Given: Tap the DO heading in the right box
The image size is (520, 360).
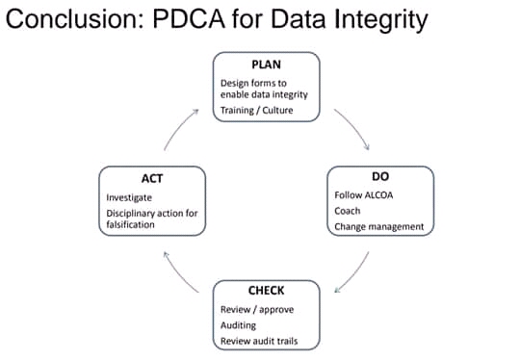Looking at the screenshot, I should click(x=379, y=177).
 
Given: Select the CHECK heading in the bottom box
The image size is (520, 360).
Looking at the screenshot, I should click(x=266, y=291).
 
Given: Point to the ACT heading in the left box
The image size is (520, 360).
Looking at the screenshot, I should click(x=152, y=177).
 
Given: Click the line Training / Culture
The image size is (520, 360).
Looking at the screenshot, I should click(x=257, y=111).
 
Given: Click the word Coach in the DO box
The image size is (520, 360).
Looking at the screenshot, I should click(x=348, y=211).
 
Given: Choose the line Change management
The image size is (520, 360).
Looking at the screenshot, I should click(x=378, y=227).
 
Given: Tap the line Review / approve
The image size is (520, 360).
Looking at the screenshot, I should click(x=256, y=309).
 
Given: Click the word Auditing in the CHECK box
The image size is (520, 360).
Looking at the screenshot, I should click(x=238, y=325).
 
